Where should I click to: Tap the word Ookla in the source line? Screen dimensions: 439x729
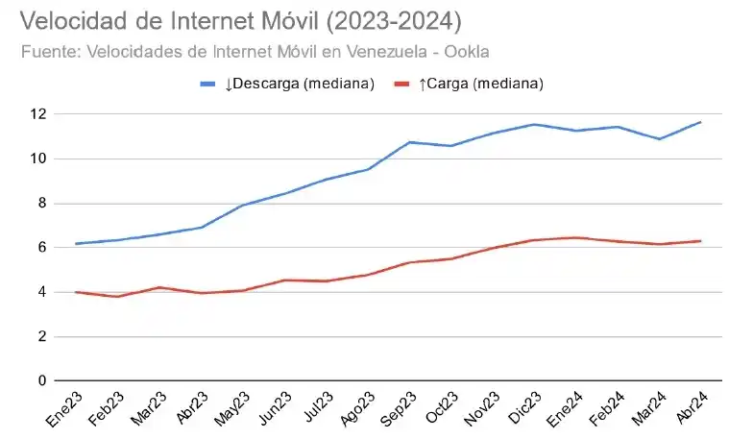(x=477, y=51)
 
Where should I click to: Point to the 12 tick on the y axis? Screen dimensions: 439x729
(x=37, y=114)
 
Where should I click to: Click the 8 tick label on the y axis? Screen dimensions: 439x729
(x=41, y=203)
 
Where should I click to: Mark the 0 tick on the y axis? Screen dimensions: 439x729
(x=41, y=380)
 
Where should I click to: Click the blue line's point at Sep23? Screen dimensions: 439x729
(x=410, y=142)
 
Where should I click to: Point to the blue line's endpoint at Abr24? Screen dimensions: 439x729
(x=701, y=122)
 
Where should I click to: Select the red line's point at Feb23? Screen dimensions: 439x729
(x=117, y=296)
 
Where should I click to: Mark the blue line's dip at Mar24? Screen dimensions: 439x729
(x=659, y=139)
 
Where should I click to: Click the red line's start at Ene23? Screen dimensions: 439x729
(x=76, y=292)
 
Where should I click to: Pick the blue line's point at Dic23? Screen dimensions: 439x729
(x=535, y=124)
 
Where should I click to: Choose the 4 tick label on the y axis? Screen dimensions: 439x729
(x=41, y=292)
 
